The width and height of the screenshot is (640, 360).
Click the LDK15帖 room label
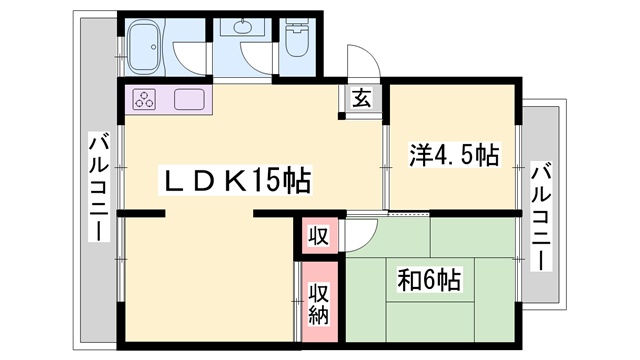coord(237,180)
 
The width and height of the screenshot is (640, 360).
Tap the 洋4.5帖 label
coord(454,155)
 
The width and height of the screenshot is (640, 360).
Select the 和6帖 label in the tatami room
coord(429,280)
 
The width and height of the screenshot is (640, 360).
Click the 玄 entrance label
coord(362,98)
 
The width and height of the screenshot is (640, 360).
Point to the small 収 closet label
coord(318,236)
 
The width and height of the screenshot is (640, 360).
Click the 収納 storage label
coord(318,303)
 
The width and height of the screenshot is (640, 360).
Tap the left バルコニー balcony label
coord(100,189)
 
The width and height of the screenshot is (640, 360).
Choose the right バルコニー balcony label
coord(541,217)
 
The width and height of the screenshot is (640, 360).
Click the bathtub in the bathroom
coord(144,47)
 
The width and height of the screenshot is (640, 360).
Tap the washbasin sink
coord(243,27)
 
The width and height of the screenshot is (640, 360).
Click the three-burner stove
coord(144,99)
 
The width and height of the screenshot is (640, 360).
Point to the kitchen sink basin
coord(189,99)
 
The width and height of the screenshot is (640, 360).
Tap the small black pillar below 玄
coord(342,116)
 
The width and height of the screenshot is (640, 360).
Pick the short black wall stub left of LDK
coord(141,213)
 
